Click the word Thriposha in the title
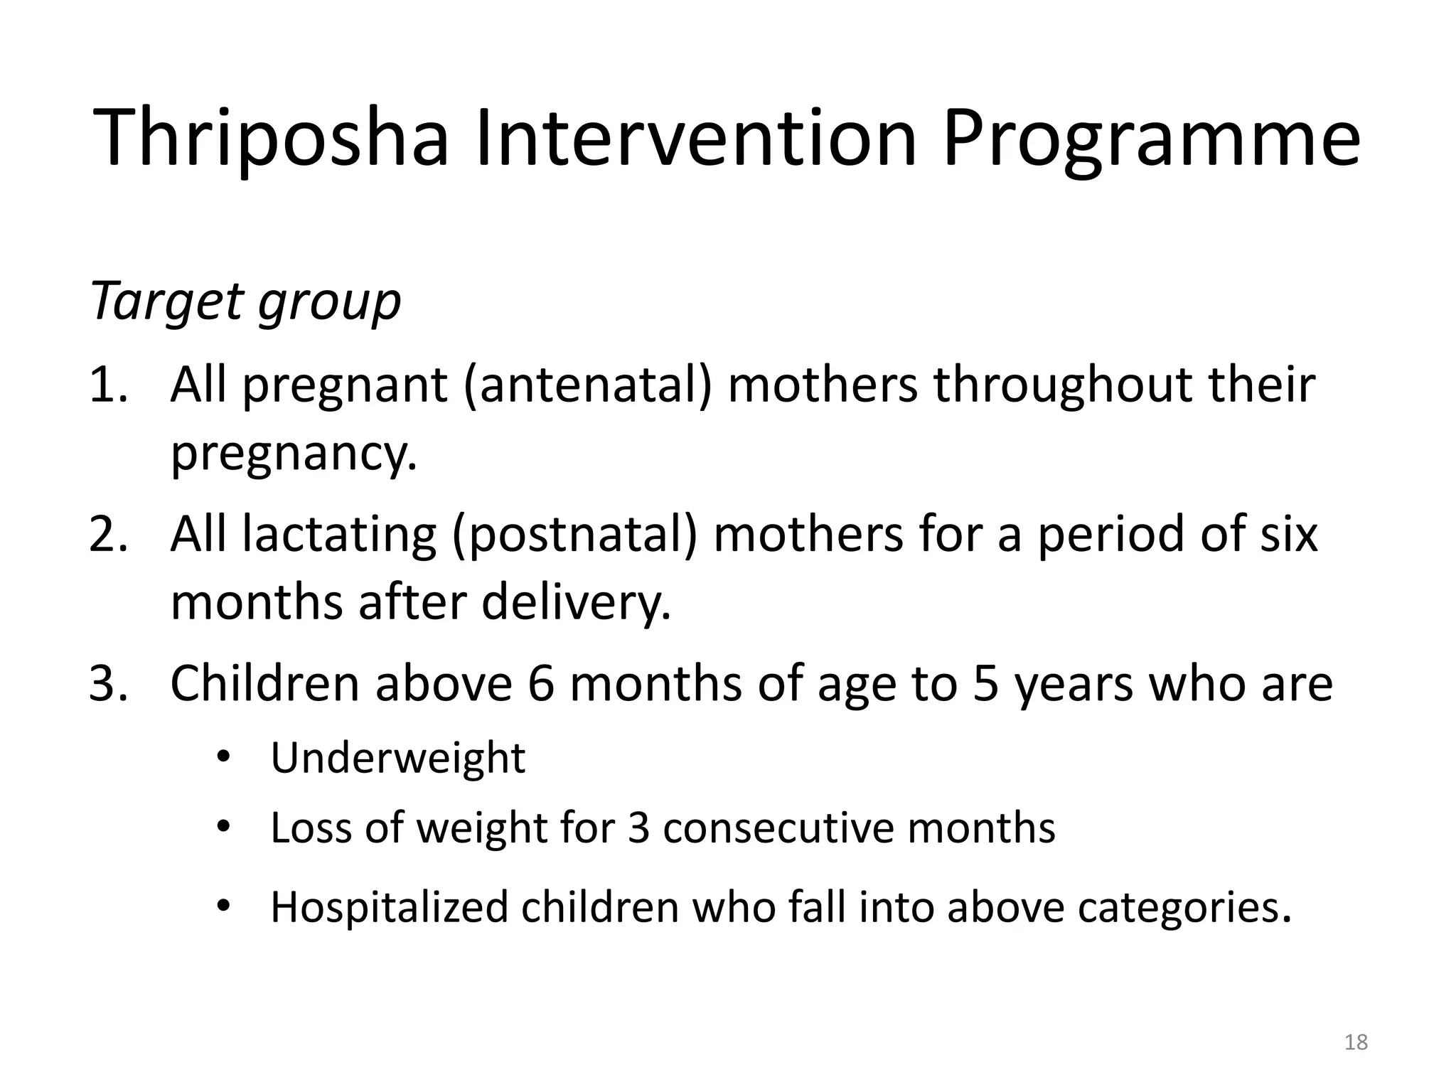click(272, 139)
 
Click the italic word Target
click(167, 302)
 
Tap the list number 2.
click(108, 535)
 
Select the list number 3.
click(108, 684)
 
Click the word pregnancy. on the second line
click(294, 455)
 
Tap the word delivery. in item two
click(576, 603)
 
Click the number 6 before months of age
click(540, 684)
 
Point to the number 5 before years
click(985, 684)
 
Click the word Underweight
click(398, 758)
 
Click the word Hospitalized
click(390, 908)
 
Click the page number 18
click(1356, 1042)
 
